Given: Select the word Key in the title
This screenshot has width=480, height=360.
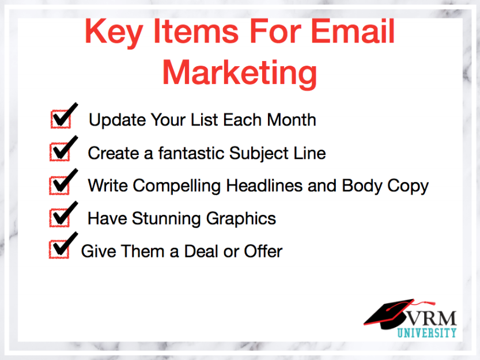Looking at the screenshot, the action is pos(114,33).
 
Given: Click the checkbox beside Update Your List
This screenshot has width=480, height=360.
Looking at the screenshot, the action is pos(61,119).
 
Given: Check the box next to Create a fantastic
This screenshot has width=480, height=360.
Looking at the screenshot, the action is pos(60,152).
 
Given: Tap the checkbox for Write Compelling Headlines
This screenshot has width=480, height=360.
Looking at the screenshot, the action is pos(59,185).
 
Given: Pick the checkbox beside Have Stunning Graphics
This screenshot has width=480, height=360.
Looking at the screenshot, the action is pos(59,218).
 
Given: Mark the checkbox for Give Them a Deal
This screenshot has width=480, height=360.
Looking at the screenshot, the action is pos(59,249).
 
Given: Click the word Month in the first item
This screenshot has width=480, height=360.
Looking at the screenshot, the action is pos(292,120).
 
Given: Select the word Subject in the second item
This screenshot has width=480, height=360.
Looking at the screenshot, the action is pos(259,154).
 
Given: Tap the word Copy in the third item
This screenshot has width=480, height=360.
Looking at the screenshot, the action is pos(408,187).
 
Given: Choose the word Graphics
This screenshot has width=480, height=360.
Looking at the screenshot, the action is pos(241,219).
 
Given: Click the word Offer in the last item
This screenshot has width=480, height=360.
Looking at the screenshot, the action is pos(263,251).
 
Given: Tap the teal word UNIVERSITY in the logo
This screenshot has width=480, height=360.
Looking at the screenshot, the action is pos(427,333).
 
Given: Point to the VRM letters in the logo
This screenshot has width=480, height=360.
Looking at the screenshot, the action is pos(432,319).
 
